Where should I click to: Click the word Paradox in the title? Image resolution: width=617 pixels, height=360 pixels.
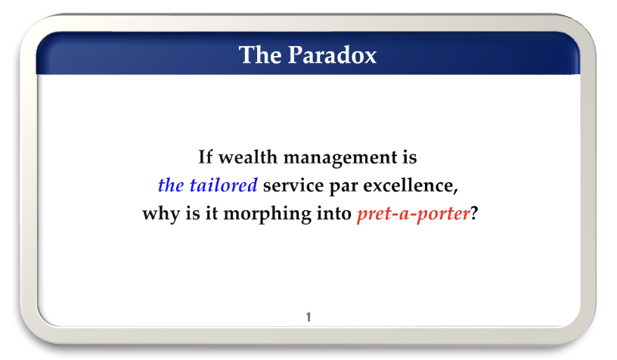(x=332, y=54)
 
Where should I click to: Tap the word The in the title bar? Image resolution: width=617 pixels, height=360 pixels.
(x=261, y=54)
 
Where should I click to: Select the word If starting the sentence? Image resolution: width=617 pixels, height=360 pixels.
(x=206, y=157)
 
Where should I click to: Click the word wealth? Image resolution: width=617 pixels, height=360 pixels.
(x=248, y=157)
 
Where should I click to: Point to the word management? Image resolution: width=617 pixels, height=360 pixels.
(x=340, y=158)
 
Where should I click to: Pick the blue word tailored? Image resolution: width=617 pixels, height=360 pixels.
(x=224, y=185)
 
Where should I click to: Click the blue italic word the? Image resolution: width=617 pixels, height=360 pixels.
(x=171, y=185)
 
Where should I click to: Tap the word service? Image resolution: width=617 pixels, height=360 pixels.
(x=293, y=185)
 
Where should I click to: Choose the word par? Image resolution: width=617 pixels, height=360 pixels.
(x=343, y=188)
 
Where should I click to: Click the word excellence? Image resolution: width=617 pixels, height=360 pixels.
(x=408, y=185)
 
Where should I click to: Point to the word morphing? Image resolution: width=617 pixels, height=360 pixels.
(x=268, y=215)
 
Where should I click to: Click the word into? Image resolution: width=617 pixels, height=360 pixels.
(x=334, y=213)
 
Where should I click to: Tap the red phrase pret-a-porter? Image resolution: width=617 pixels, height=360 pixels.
(x=414, y=215)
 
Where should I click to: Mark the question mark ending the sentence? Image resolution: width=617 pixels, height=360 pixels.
(x=474, y=213)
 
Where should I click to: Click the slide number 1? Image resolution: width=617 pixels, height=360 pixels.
(x=308, y=317)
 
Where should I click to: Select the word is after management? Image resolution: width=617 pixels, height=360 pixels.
(x=409, y=157)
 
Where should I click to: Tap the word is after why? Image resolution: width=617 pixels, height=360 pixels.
(x=193, y=213)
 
